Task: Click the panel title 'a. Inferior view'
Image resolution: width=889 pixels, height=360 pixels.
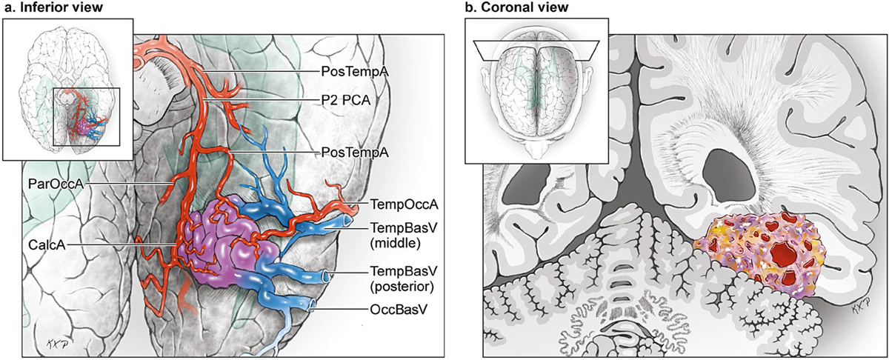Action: click(x=53, y=8)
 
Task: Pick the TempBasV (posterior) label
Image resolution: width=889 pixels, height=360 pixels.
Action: click(x=393, y=276)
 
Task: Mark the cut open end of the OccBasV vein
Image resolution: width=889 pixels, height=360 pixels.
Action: click(x=312, y=304)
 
